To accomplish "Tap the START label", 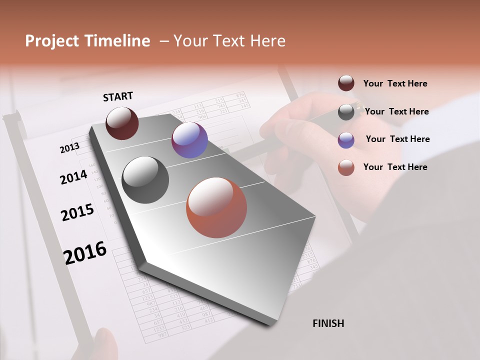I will (118, 96).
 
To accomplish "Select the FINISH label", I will (328, 323).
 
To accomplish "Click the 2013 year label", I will (69, 148).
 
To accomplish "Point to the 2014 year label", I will (73, 177).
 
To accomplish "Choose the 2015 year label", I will (77, 212).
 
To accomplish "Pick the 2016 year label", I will (85, 253).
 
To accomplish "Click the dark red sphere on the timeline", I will (122, 123).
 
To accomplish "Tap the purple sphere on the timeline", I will (189, 140).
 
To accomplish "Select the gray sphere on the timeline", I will (145, 180).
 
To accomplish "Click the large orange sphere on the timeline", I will (216, 207).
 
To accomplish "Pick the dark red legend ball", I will (346, 83).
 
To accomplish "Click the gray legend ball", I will (346, 112).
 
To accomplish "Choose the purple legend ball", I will (346, 140).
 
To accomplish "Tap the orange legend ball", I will (346, 167).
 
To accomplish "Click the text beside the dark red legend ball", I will (395, 84).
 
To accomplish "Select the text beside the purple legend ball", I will (397, 139).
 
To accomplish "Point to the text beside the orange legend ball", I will (395, 167).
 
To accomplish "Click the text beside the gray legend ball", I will (397, 111).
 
